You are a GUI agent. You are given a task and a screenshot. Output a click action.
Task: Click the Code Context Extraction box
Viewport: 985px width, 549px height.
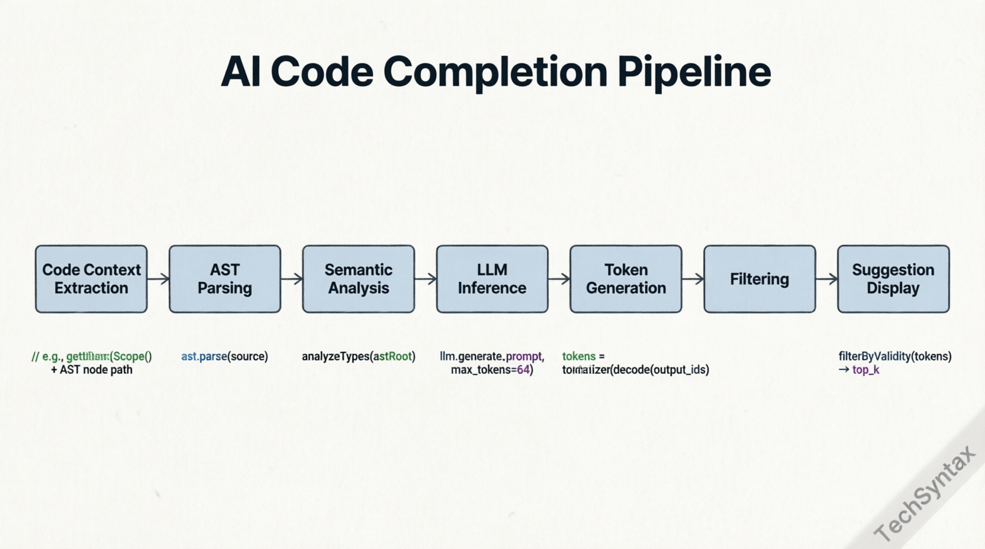pyautogui.click(x=91, y=279)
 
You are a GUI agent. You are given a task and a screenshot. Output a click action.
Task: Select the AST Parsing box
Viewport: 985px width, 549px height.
pyautogui.click(x=225, y=279)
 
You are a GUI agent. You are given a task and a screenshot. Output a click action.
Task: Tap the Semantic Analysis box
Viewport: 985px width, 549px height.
pyautogui.click(x=358, y=279)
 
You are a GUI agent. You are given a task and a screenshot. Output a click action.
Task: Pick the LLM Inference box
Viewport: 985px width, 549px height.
pyautogui.click(x=492, y=279)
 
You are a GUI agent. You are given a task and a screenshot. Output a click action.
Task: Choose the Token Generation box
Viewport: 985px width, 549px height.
pyautogui.click(x=626, y=279)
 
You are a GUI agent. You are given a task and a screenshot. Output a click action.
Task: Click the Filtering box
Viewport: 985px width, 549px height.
pyautogui.click(x=759, y=279)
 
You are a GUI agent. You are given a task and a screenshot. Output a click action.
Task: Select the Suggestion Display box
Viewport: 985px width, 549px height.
pyautogui.click(x=893, y=279)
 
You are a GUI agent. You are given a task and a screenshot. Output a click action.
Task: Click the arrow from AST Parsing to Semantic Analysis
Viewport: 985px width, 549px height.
pyautogui.click(x=292, y=279)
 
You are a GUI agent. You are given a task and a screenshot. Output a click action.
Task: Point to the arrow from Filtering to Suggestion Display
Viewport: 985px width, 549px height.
pyautogui.click(x=826, y=279)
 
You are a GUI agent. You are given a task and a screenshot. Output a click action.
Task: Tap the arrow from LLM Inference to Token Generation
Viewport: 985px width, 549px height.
pyautogui.click(x=559, y=279)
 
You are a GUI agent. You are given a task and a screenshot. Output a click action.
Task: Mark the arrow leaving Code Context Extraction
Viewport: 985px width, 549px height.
pyautogui.click(x=158, y=279)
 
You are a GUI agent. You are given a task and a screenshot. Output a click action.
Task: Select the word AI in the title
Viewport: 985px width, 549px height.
pyautogui.click(x=240, y=72)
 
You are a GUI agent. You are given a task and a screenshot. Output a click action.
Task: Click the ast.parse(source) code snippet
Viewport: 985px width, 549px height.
pyautogui.click(x=224, y=356)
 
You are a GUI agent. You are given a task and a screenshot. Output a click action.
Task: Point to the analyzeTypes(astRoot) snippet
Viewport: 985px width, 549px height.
pyautogui.click(x=358, y=356)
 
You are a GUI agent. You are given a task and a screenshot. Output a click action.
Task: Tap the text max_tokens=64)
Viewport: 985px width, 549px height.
pyautogui.click(x=492, y=370)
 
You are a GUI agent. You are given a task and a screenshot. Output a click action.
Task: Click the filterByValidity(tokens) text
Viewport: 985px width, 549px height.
pyautogui.click(x=894, y=356)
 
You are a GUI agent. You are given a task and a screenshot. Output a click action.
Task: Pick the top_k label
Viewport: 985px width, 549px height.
pyautogui.click(x=865, y=370)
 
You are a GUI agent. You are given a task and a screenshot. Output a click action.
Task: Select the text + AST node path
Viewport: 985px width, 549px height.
pyautogui.click(x=92, y=370)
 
